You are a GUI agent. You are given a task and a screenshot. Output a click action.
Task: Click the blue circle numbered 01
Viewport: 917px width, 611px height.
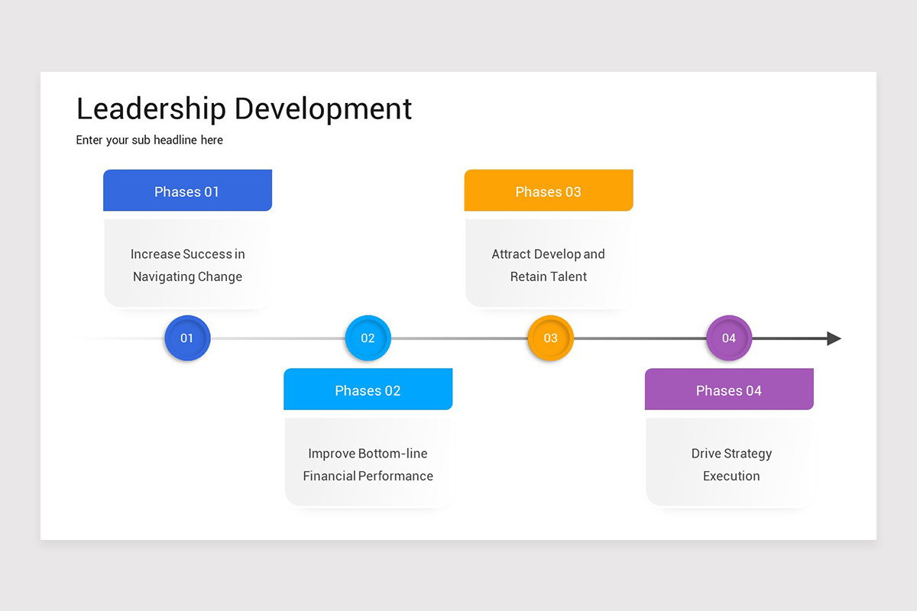[x=187, y=338]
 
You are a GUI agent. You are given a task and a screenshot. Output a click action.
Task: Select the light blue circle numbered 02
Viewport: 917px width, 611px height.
[x=368, y=338]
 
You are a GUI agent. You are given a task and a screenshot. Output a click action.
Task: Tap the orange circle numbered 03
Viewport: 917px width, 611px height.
[x=550, y=338]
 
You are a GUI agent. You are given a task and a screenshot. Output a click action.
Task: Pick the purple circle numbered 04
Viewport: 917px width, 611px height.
[x=729, y=338]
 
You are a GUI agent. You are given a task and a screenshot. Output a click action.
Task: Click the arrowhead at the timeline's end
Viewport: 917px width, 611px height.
[x=834, y=338]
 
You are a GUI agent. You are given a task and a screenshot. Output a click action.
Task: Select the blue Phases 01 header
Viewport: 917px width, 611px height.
[x=187, y=191]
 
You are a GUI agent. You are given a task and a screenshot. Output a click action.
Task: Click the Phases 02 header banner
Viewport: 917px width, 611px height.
[x=368, y=390]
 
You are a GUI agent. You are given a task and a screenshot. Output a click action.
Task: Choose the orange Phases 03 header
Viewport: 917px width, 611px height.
[x=549, y=191]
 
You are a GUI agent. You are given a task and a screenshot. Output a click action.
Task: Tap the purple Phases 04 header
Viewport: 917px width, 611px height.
[x=729, y=390]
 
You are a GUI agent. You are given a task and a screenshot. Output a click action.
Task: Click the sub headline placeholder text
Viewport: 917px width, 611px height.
[x=150, y=141]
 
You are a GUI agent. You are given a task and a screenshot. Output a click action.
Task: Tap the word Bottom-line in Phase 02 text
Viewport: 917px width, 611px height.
[x=393, y=454]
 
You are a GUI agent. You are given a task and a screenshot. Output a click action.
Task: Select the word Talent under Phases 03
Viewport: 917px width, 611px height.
[x=570, y=276]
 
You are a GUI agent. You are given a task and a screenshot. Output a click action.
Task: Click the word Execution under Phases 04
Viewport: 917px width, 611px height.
[x=731, y=476]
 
